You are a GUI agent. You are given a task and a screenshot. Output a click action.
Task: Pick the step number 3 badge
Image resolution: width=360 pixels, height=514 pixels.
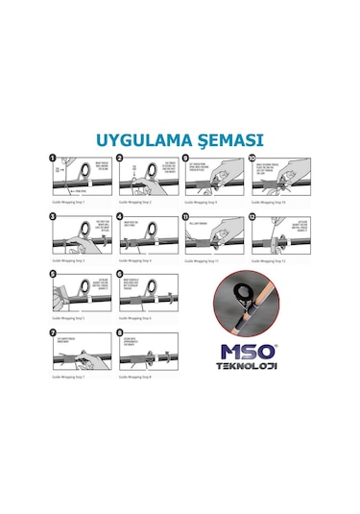(x=55, y=217)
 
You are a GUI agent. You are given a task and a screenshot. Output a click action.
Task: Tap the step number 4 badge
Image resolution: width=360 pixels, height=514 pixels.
(x=121, y=217)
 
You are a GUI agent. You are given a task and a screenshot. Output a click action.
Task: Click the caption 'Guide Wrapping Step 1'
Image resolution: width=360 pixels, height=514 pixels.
(x=69, y=203)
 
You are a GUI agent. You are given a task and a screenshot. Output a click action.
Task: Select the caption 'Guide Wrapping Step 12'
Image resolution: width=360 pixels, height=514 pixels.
(x=270, y=261)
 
